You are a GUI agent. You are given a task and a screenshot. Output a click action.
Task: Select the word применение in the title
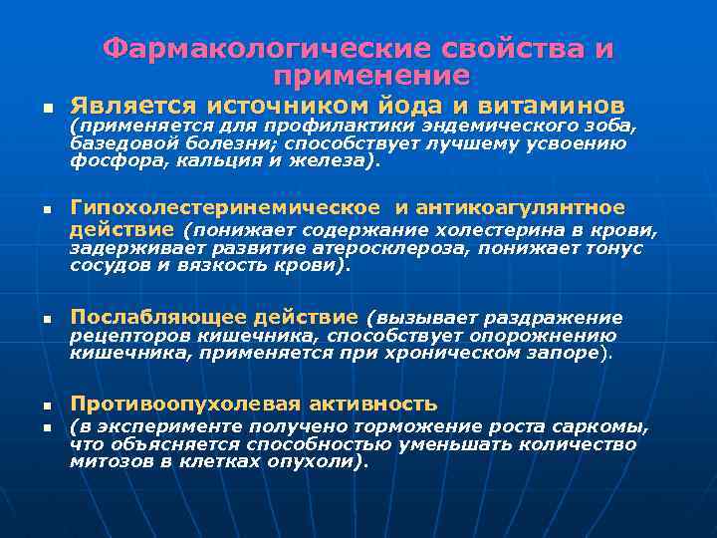[x=369, y=76]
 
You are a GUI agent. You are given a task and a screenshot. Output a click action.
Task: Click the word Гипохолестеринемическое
[x=224, y=207]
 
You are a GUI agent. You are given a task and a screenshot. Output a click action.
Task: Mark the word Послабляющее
[x=152, y=318]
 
